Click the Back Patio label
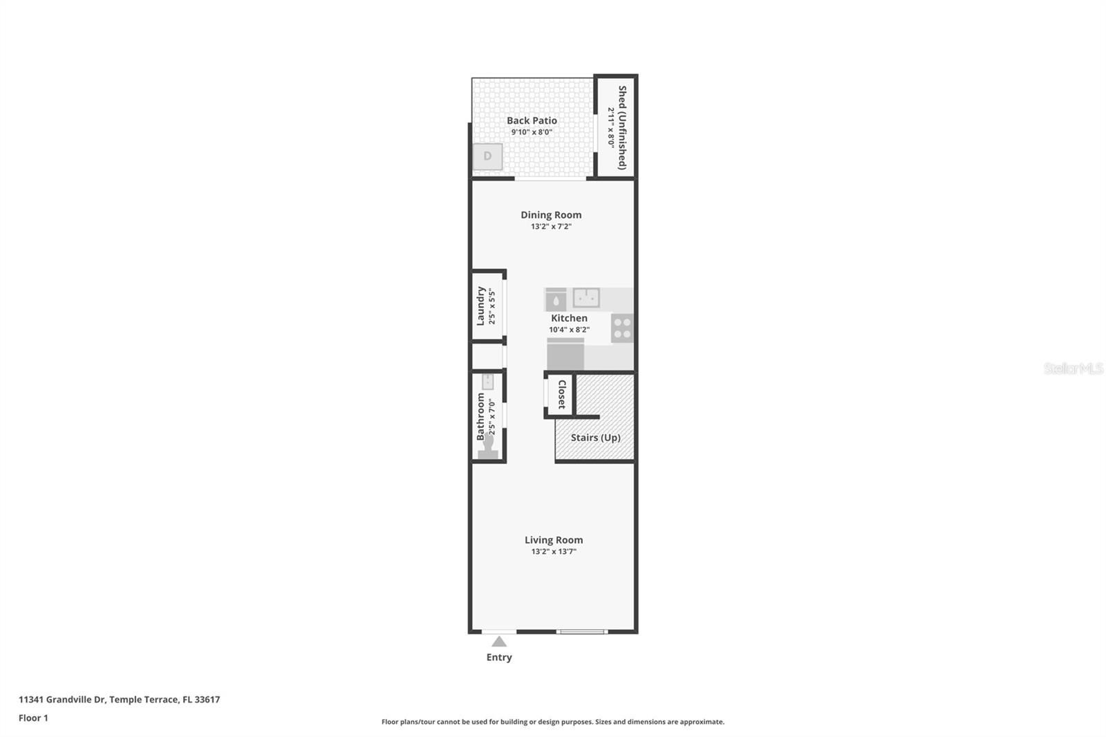532,120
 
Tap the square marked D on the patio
487,156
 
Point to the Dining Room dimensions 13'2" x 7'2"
551,227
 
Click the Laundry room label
480,306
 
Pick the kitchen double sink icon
586,298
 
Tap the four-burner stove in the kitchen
622,328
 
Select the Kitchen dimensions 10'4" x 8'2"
569,330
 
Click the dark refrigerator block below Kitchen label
565,355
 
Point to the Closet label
562,395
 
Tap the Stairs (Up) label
595,438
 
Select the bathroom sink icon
487,382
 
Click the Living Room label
553,540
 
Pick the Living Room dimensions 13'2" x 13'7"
553,552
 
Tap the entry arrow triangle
499,642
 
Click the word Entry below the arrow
499,657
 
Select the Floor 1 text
33,718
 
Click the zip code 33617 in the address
207,700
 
